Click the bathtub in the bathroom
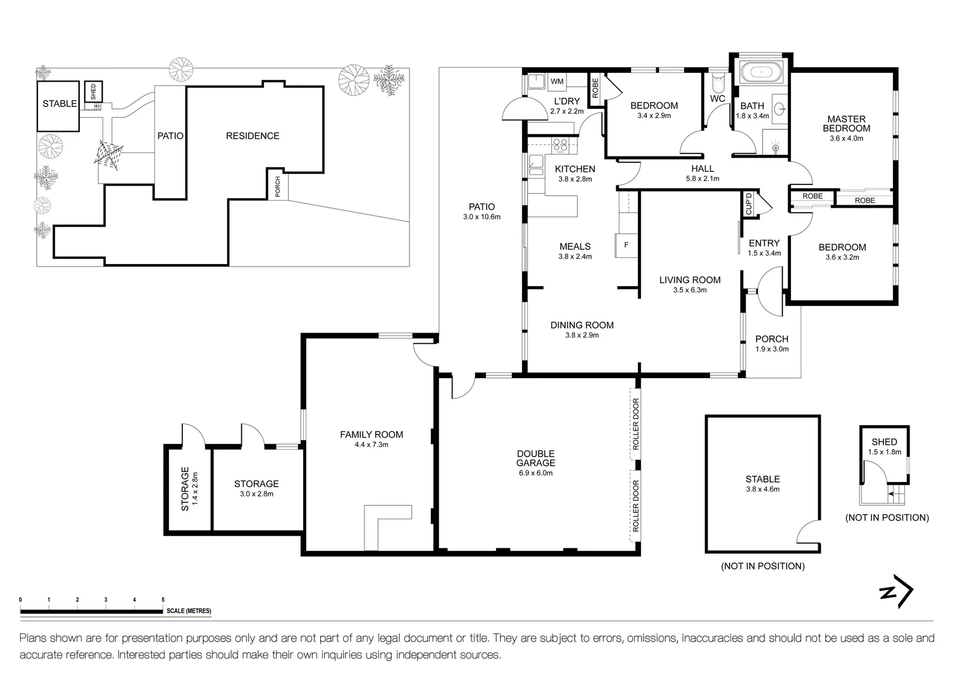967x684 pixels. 762,72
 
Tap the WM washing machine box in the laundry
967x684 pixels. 557,82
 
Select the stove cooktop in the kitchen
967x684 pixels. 560,145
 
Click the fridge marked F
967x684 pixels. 626,245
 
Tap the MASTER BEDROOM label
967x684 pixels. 846,123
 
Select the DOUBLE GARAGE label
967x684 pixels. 535,459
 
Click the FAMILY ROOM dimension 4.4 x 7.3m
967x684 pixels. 371,445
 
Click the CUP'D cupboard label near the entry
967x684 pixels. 749,204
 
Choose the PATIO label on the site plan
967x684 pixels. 170,136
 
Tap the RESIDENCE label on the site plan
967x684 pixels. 253,136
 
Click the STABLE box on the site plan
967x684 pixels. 59,104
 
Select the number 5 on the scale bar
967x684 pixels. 163,599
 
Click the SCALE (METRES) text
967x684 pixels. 189,611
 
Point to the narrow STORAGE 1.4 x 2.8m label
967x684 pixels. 189,488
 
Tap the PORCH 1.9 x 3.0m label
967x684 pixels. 771,343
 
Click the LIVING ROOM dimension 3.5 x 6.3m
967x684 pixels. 689,290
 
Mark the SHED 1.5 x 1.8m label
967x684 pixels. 883,446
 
